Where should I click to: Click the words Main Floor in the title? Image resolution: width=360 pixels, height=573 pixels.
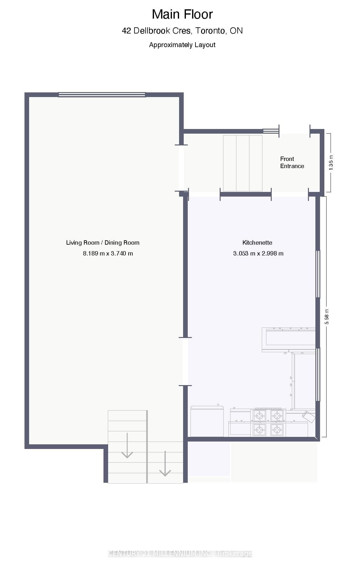tap(182, 14)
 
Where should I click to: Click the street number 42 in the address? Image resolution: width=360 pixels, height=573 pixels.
tap(126, 31)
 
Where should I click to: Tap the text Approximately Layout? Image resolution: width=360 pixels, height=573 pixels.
tap(182, 45)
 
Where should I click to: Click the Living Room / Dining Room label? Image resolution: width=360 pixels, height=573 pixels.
tap(103, 243)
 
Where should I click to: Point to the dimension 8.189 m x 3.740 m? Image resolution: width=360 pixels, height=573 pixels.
tap(108, 254)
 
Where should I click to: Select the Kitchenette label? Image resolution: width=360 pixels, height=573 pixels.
tap(257, 243)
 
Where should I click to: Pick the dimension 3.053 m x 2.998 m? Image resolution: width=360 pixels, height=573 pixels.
tap(258, 254)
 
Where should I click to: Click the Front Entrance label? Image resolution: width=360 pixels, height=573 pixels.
tap(292, 162)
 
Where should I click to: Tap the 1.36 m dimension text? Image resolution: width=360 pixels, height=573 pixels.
tap(331, 162)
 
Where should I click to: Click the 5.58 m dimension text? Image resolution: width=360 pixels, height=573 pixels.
tap(327, 317)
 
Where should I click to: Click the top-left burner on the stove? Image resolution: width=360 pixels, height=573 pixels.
tap(259, 415)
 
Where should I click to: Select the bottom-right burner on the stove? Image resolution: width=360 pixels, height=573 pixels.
tap(277, 430)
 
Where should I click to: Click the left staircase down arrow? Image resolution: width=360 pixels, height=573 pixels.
tap(127, 445)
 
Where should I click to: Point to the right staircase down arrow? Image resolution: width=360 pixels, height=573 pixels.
tap(165, 464)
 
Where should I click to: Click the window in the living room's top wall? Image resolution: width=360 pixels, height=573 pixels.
tap(102, 95)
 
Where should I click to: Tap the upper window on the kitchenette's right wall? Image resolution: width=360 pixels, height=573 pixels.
tap(318, 274)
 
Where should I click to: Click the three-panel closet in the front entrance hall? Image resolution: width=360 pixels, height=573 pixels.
tap(243, 163)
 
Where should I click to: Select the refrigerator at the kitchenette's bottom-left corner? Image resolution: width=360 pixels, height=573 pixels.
tap(207, 421)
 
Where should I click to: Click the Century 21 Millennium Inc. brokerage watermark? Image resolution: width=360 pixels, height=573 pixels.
tap(180, 553)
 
